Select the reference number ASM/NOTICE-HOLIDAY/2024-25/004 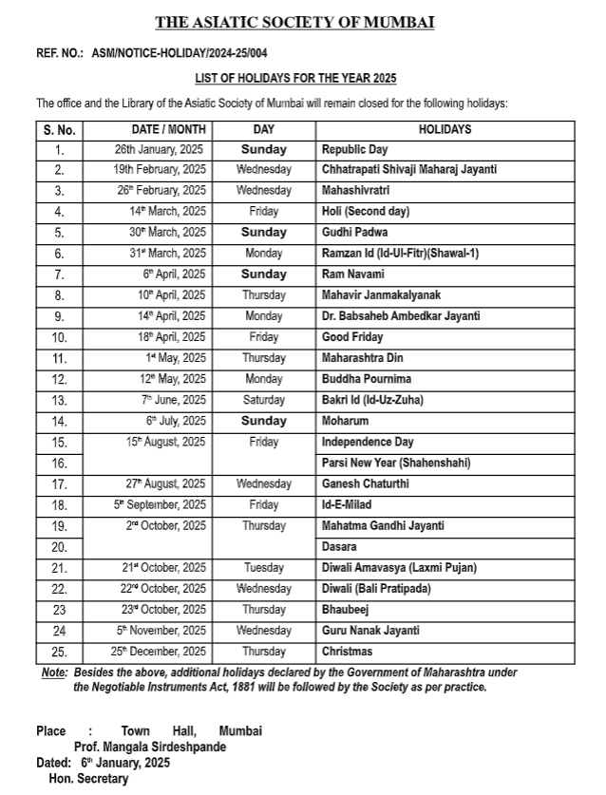point(180,55)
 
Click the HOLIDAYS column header point(445,129)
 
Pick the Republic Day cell point(354,149)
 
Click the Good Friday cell point(352,337)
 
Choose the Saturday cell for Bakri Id point(263,400)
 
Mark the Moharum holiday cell point(345,421)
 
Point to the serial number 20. point(59,546)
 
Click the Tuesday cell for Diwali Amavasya point(263,568)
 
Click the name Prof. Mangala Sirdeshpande point(150,747)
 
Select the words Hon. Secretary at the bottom point(88,779)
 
